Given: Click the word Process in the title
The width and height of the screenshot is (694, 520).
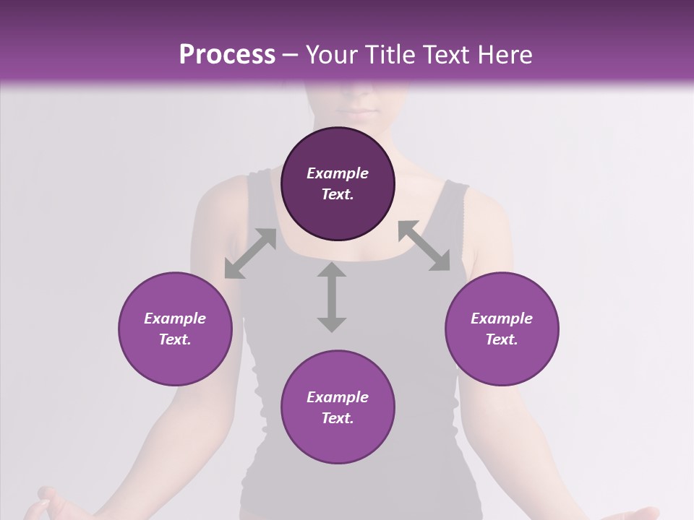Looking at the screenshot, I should pyautogui.click(x=227, y=55).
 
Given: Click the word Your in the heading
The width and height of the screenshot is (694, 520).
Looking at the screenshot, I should pyautogui.click(x=332, y=55).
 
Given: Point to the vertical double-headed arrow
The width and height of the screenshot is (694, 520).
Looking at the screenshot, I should pyautogui.click(x=332, y=297).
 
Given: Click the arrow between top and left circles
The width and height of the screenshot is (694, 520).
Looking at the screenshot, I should pyautogui.click(x=250, y=253).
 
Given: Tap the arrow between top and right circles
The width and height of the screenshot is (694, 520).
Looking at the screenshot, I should pyautogui.click(x=424, y=246).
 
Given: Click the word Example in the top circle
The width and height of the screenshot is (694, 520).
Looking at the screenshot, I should pyautogui.click(x=338, y=173).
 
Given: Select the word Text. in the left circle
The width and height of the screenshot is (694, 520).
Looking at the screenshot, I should pyautogui.click(x=175, y=339).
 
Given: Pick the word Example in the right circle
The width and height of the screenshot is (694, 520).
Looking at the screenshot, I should pyautogui.click(x=502, y=318).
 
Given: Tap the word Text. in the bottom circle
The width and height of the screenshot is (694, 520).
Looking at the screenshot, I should pyautogui.click(x=338, y=418).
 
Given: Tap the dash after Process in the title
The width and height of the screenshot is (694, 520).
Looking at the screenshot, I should pyautogui.click(x=291, y=56).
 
